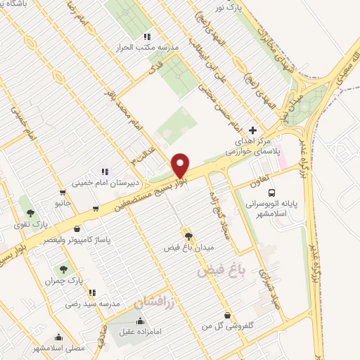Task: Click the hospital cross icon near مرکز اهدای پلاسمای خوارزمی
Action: coord(253,130)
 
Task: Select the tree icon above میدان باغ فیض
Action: coord(187,233)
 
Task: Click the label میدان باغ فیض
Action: coord(187,248)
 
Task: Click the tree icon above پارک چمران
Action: coord(63,269)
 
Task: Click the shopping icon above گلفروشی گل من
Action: coord(226,316)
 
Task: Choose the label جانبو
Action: coord(63,202)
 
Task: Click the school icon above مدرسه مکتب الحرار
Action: coord(146,36)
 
